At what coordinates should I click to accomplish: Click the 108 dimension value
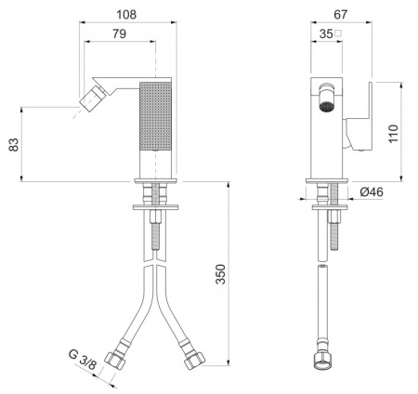pos(126,14)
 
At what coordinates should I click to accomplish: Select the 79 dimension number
pos(119,33)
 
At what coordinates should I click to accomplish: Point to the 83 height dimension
pos(14,145)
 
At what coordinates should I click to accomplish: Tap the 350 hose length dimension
pos(221,274)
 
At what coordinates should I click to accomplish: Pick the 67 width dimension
pos(341,14)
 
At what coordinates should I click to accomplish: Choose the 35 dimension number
pos(326,33)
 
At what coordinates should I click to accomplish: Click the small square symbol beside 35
pos(338,33)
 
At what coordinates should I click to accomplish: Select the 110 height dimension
pos(394,134)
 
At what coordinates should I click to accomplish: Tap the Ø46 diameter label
pos(372,192)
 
